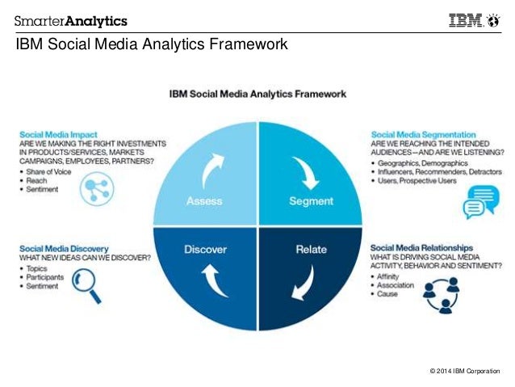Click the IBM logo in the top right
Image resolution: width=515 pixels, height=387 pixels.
click(468, 20)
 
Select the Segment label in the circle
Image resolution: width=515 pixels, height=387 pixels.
click(311, 201)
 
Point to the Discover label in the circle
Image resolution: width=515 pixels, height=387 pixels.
click(204, 249)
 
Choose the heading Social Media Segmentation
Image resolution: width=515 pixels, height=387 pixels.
click(421, 134)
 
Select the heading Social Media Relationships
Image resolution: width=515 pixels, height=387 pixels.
click(421, 246)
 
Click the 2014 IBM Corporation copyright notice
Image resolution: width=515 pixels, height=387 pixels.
click(466, 371)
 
